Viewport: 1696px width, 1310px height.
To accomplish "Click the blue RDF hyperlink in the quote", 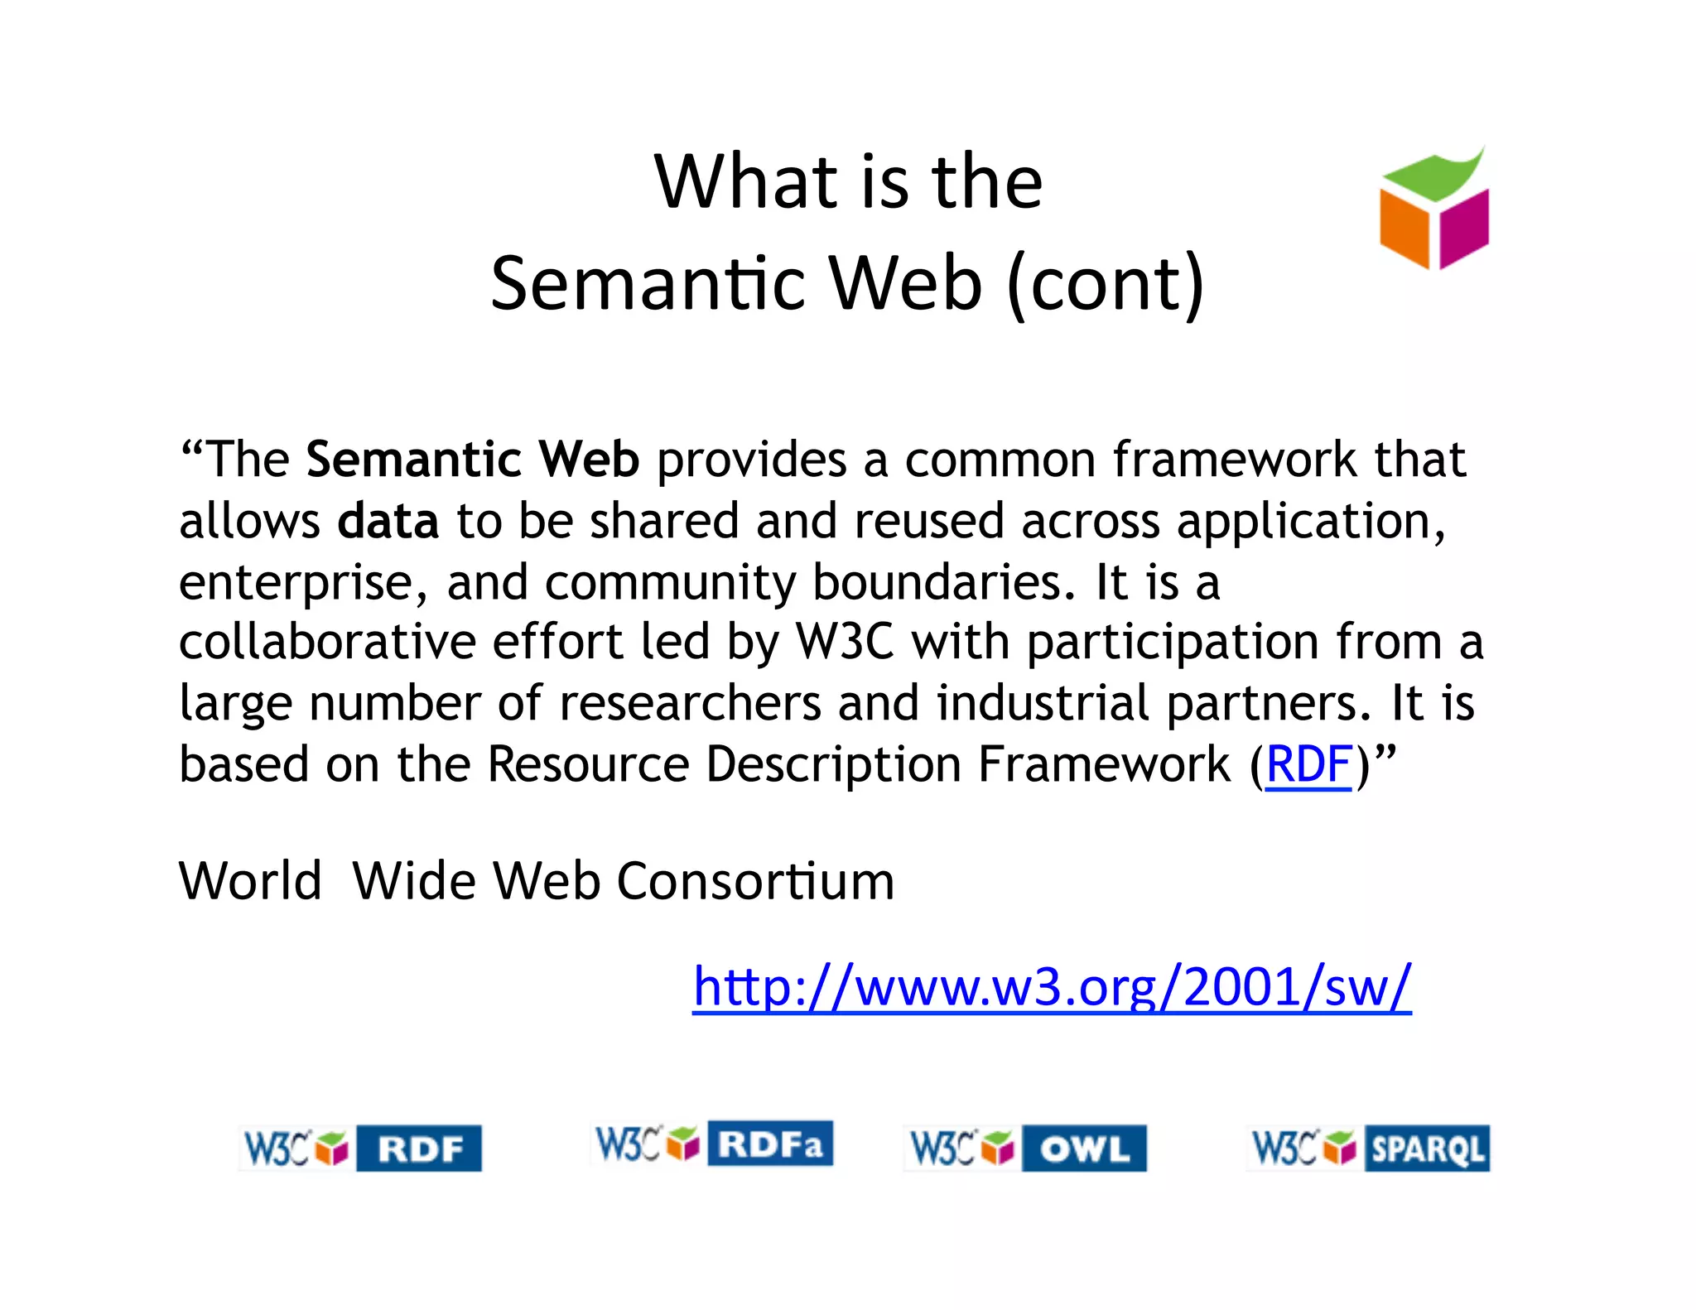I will (1308, 763).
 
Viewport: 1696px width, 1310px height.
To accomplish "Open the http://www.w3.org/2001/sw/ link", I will (1052, 987).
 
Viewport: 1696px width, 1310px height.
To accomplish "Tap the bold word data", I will (388, 522).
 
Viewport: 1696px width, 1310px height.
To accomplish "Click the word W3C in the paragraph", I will (845, 643).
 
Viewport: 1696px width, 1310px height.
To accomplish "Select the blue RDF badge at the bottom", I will (419, 1149).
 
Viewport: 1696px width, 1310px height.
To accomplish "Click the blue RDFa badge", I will (770, 1144).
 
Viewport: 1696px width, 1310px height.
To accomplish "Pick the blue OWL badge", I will (1084, 1149).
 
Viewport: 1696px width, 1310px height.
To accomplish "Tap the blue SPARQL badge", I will (1427, 1149).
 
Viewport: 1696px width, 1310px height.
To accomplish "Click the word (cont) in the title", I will (1106, 283).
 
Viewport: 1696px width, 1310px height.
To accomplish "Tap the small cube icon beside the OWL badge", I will (997, 1149).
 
